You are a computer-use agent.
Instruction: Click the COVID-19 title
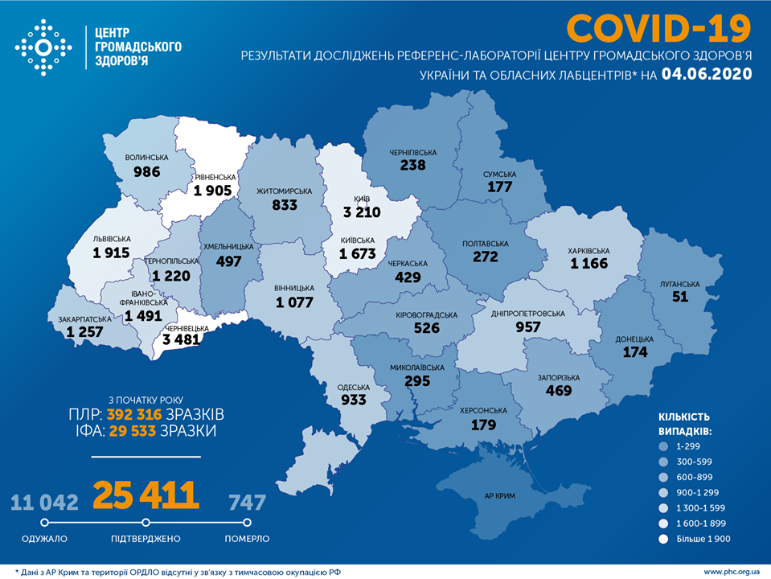point(658,28)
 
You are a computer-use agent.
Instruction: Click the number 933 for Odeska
point(352,399)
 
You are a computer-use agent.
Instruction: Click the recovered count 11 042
point(44,503)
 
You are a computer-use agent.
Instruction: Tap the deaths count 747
point(247,503)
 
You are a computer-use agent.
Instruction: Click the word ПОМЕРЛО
point(248,538)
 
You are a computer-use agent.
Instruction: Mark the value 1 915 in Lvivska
point(111,253)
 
